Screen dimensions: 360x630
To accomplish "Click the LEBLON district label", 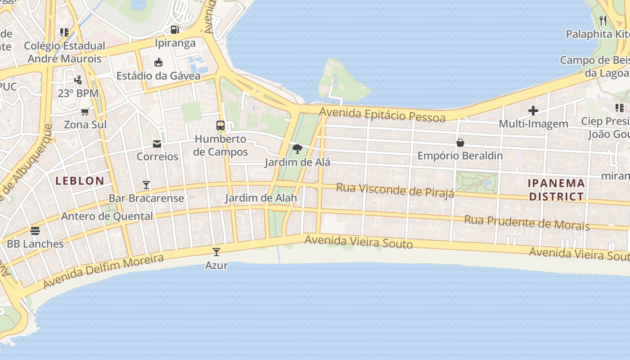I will (80, 181).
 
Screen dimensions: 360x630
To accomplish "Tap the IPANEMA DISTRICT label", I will (557, 190).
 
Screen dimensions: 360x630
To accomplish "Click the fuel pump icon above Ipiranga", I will (175, 30).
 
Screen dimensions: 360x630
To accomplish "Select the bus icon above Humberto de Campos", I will (220, 126).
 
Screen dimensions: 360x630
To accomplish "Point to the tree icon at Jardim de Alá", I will (297, 148).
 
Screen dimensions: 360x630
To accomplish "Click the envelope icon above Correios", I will (157, 144).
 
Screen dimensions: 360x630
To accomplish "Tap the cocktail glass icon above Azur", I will (216, 252).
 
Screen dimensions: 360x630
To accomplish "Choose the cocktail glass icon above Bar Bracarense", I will (146, 185).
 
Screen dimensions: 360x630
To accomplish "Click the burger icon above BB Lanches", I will (35, 231).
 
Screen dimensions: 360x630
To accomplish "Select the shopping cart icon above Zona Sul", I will (85, 112).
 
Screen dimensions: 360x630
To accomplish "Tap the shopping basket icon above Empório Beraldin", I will (460, 143).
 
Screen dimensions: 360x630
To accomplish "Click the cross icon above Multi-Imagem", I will (533, 111).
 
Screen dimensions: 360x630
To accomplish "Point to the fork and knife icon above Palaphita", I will (603, 20).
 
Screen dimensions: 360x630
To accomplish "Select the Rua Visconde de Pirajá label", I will (395, 190).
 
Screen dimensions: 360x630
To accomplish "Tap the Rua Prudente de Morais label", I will (526, 223).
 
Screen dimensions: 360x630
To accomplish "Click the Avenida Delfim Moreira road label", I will (104, 271).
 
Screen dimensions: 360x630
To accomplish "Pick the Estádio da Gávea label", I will (158, 76).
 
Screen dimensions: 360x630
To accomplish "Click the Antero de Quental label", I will (107, 216).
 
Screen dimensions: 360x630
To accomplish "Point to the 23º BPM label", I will (78, 94).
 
